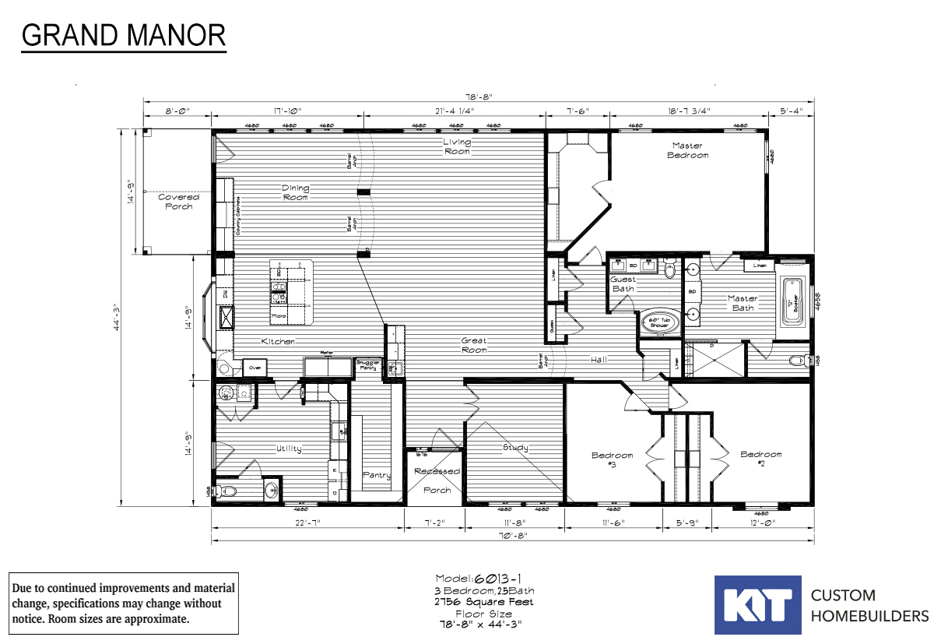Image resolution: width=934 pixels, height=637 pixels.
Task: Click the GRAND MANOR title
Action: pyautogui.click(x=124, y=35)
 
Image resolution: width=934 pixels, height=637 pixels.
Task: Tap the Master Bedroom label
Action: pyautogui.click(x=687, y=150)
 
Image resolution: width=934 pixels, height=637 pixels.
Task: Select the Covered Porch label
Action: pyautogui.click(x=178, y=202)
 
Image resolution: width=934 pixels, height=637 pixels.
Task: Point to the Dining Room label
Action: pyautogui.click(x=295, y=192)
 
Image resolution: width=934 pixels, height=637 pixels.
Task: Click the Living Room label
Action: pyautogui.click(x=457, y=146)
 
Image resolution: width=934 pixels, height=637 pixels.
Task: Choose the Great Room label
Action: pyautogui.click(x=473, y=345)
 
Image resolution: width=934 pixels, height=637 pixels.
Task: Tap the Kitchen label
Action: pyautogui.click(x=277, y=342)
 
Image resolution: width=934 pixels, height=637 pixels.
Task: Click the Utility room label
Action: pyautogui.click(x=287, y=449)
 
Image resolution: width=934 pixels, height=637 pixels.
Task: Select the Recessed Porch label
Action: pyautogui.click(x=437, y=480)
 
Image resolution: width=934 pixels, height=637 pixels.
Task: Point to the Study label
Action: pyautogui.click(x=514, y=447)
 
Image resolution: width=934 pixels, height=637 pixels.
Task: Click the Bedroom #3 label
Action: pyautogui.click(x=612, y=459)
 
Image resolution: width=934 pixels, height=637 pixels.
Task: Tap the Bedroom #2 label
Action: pyautogui.click(x=760, y=459)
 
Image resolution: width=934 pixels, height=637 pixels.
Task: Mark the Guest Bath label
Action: pyautogui.click(x=623, y=283)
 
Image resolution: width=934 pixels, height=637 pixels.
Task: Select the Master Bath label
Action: pyautogui.click(x=743, y=303)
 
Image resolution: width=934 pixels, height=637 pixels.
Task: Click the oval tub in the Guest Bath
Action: pyautogui.click(x=659, y=321)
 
